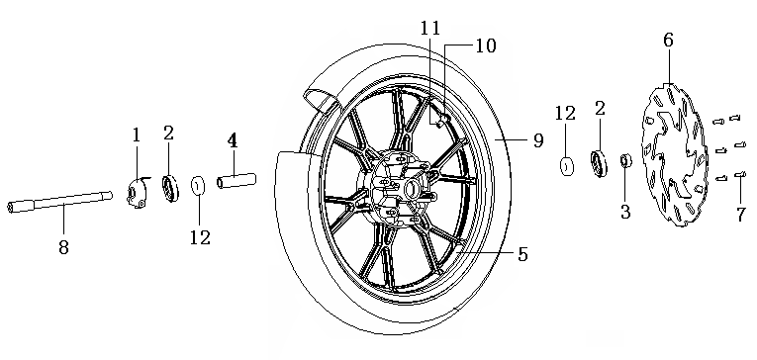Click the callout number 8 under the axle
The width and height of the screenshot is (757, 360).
pyautogui.click(x=63, y=246)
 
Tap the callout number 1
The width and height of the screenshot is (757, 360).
pyautogui.click(x=137, y=135)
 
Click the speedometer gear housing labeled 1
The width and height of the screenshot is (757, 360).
pyautogui.click(x=139, y=192)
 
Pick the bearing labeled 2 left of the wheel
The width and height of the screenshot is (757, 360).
pyautogui.click(x=169, y=189)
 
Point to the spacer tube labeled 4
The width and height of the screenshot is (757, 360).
pyautogui.click(x=237, y=181)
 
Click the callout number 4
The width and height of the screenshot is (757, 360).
pyautogui.click(x=233, y=140)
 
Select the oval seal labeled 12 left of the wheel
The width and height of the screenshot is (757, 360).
pyautogui.click(x=198, y=187)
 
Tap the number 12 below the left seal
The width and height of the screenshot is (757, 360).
pyautogui.click(x=200, y=236)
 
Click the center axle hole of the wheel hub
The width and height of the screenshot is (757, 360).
pyautogui.click(x=412, y=189)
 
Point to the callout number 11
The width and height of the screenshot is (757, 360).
pyautogui.click(x=430, y=28)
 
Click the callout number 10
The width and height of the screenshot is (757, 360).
pyautogui.click(x=486, y=45)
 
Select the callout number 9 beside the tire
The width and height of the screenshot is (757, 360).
pyautogui.click(x=538, y=140)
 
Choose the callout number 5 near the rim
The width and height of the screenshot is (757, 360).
pyautogui.click(x=522, y=254)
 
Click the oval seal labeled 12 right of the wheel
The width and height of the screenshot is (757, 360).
pyautogui.click(x=566, y=166)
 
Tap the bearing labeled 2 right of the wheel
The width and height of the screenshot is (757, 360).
pyautogui.click(x=600, y=161)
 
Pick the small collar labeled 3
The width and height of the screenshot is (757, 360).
pyautogui.click(x=625, y=160)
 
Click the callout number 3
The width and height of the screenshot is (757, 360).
pyautogui.click(x=625, y=212)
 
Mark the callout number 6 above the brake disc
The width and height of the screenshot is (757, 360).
pyautogui.click(x=668, y=40)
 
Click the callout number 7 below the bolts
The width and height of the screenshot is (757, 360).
pyautogui.click(x=741, y=215)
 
